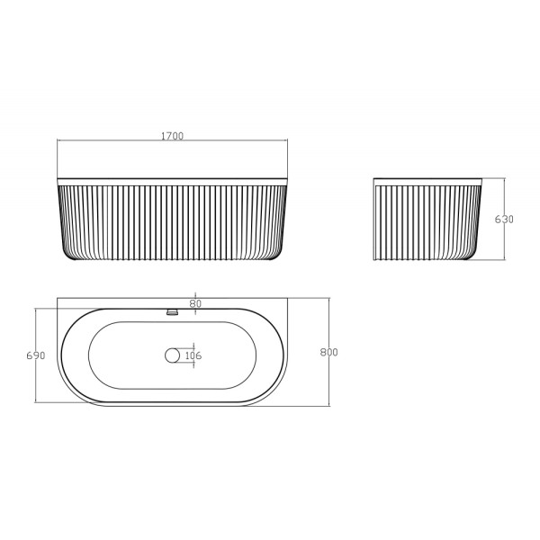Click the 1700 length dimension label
172,136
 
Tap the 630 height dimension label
505,220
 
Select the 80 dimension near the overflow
196,303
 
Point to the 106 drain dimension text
193,355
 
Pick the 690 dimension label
36,355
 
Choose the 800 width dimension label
328,352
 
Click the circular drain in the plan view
173,355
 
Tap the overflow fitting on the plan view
174,312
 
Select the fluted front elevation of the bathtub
172,220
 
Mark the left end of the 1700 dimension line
58,141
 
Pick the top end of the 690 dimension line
36,309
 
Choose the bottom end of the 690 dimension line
36,402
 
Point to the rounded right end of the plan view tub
286,355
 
